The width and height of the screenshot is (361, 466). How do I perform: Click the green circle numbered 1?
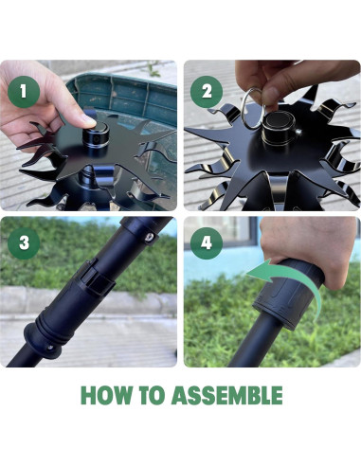24,92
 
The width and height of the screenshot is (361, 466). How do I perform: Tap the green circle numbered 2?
207,92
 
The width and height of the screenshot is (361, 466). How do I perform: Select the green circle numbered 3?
24,243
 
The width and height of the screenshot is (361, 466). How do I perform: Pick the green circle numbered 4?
207,243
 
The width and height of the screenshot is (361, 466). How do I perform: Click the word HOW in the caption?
106,395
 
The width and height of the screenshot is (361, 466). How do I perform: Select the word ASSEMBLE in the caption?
227,395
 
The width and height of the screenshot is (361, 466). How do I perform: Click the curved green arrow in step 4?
284,282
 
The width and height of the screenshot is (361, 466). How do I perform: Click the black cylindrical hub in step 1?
96,137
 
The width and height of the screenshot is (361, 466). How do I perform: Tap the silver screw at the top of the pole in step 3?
151,237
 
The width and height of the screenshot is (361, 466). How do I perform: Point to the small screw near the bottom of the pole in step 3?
49,348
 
